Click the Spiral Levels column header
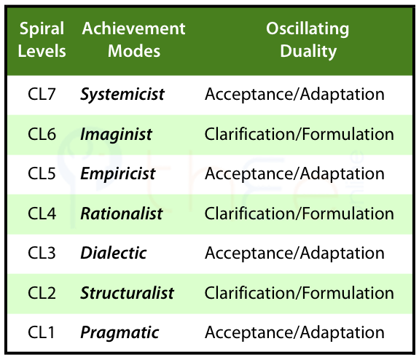tap(42, 39)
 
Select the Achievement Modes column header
tap(133, 39)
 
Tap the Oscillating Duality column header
tap(308, 39)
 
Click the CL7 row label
tap(42, 94)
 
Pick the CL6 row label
tap(42, 134)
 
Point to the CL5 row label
tap(42, 173)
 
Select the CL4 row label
tap(42, 214)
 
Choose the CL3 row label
tap(42, 253)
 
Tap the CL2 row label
tap(42, 293)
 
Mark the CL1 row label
tap(41, 332)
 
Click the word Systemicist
tap(122, 95)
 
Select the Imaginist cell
tap(116, 134)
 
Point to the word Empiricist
tap(118, 174)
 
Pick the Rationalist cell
tap(122, 214)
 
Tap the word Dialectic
tap(114, 253)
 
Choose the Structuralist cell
tap(128, 293)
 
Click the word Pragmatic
tap(120, 333)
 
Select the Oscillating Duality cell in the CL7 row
tap(294, 95)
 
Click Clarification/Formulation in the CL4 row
tap(299, 214)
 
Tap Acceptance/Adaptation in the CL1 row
tap(294, 333)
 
